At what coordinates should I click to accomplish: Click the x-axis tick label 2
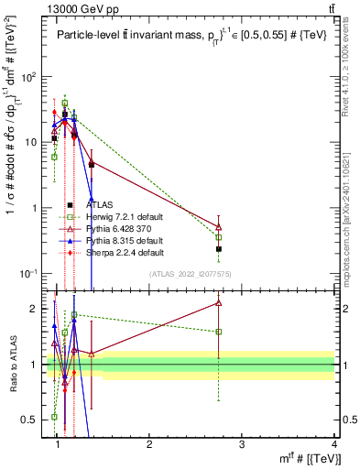150,443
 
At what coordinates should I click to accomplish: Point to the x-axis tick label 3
242,443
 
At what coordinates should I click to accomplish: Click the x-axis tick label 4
334,443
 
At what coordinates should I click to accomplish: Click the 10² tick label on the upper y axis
32,77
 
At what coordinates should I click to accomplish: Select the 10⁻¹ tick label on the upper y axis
32,274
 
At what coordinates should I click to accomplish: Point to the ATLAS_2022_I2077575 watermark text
191,275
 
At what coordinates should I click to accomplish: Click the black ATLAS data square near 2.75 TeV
219,248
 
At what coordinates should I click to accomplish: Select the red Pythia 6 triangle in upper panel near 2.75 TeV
219,226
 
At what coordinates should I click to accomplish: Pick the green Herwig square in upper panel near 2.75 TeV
219,236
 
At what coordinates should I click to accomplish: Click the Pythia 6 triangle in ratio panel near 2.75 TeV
219,302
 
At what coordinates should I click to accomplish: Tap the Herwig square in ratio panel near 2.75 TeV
219,332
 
